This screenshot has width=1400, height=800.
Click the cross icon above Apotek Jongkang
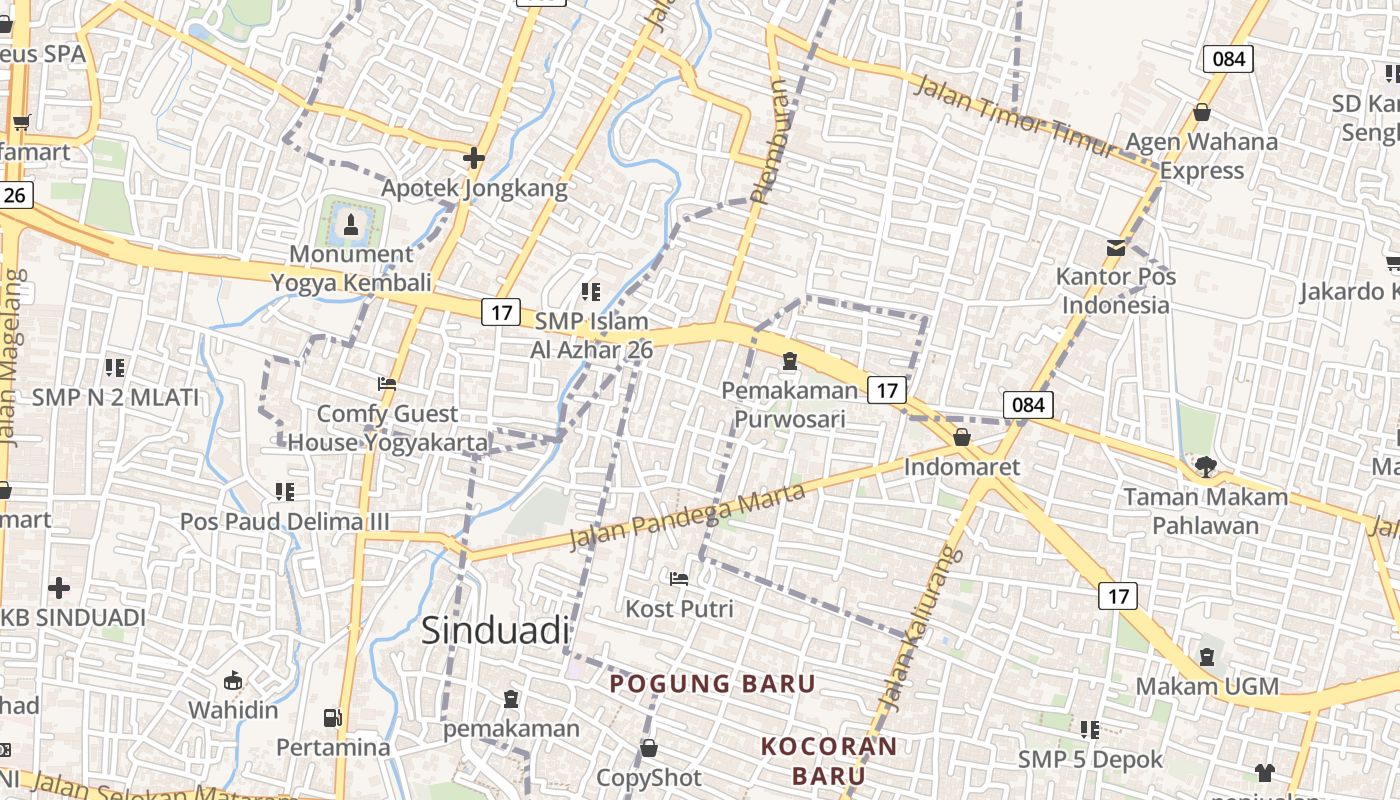[474, 158]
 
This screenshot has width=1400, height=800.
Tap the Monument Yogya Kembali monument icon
[350, 223]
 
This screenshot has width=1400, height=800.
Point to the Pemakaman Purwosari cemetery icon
[790, 361]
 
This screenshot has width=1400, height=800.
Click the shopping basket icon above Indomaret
[962, 437]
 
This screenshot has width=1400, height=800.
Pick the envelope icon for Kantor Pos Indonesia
[1115, 248]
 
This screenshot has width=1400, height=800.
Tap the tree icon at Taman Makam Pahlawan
[1206, 466]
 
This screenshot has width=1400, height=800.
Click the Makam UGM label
[1207, 686]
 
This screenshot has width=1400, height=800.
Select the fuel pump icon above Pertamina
[332, 717]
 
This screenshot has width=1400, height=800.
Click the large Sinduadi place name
[495, 630]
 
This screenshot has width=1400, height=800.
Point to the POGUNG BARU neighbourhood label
[713, 684]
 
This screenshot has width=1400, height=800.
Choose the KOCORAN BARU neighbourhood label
[829, 760]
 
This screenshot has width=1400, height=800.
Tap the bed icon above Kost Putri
[679, 578]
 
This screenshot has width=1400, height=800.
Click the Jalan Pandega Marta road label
[687, 516]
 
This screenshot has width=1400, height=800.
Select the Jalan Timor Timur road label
[1014, 116]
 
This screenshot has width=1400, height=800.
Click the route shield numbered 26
[14, 194]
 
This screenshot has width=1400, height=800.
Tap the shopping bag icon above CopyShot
[648, 748]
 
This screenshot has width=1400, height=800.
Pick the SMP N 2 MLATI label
[116, 397]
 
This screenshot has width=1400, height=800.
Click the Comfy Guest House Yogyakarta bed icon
[387, 383]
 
